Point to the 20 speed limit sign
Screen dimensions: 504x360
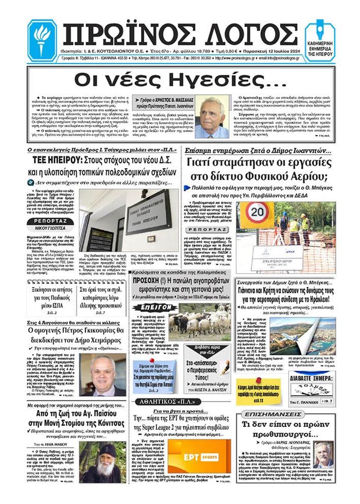[257, 212]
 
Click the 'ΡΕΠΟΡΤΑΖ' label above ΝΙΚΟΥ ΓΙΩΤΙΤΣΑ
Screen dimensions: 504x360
[50, 221]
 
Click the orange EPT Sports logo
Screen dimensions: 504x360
[199, 457]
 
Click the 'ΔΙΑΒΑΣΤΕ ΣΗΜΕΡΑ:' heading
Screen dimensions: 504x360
[311, 378]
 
